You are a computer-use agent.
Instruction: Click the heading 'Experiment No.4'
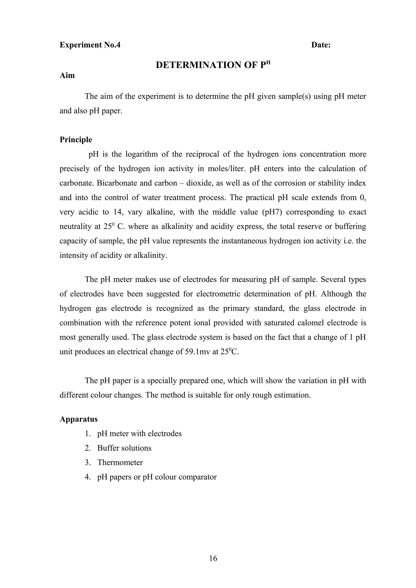pos(90,45)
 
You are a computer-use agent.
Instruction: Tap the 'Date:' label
pos(321,45)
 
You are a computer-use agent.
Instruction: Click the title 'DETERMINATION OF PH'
pos(213,65)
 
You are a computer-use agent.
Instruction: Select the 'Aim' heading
pos(67,75)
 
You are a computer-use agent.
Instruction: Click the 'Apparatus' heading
pos(78,419)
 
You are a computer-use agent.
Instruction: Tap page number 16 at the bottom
pos(213,558)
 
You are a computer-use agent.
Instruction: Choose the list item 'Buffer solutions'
pos(124,448)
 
